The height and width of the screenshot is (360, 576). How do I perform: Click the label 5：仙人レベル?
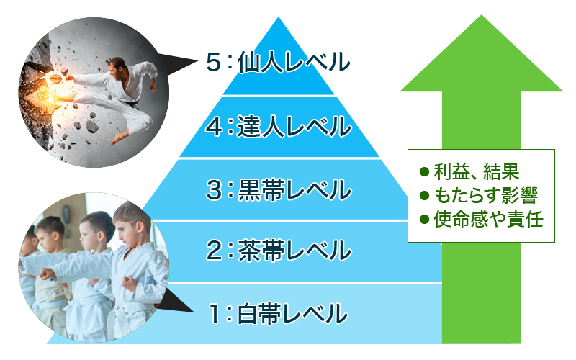click(278, 62)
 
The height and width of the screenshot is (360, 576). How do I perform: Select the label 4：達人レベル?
click(278, 127)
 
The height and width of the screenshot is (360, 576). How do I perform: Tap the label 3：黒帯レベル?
click(279, 189)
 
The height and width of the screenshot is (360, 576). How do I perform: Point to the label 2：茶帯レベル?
click(279, 251)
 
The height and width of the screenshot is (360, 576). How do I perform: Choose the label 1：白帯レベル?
click(278, 313)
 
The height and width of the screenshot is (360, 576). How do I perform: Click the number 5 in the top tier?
click(213, 62)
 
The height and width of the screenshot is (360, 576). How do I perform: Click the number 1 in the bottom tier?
click(214, 313)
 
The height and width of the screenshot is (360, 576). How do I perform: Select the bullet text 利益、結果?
click(477, 171)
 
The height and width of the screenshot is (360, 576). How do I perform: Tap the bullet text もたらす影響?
click(486, 195)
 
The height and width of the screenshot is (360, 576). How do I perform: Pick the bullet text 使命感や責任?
click(489, 220)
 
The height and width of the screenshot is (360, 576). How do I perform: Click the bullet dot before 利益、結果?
click(424, 172)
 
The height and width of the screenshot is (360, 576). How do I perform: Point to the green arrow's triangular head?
click(481, 59)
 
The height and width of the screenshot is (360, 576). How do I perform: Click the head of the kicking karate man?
click(117, 67)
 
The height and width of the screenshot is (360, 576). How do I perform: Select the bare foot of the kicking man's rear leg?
click(118, 138)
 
